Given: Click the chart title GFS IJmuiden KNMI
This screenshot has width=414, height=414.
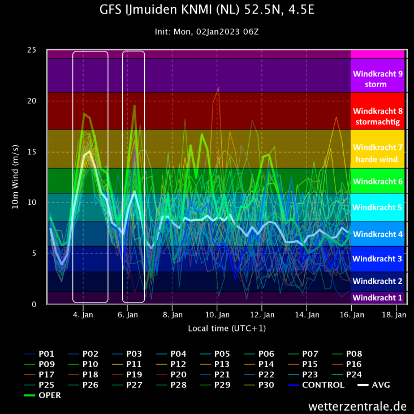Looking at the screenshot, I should pyautogui.click(x=206, y=10).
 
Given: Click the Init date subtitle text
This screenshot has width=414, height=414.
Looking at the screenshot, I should pyautogui.click(x=206, y=32).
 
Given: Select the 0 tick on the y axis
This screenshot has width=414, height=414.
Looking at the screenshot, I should pyautogui.click(x=34, y=304).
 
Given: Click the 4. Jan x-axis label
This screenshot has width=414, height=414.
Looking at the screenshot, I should pyautogui.click(x=83, y=314).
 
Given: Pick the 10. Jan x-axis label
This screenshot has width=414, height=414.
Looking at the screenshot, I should pyautogui.click(x=217, y=314).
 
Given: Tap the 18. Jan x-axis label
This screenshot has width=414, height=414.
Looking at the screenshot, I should pyautogui.click(x=395, y=314).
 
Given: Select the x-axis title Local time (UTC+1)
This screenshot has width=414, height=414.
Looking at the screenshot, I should pyautogui.click(x=227, y=328).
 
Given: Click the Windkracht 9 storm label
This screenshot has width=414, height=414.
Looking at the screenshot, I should pyautogui.click(x=377, y=79).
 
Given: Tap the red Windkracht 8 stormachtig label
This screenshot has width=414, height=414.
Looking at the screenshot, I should pyautogui.click(x=377, y=117).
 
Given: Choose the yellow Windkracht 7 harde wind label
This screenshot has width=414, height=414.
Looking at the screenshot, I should pyautogui.click(x=377, y=153).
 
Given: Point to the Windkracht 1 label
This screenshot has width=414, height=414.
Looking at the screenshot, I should pyautogui.click(x=377, y=297).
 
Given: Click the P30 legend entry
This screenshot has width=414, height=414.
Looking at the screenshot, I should pyautogui.click(x=268, y=385).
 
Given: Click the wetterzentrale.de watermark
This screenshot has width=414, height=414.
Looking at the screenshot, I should pyautogui.click(x=357, y=406).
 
